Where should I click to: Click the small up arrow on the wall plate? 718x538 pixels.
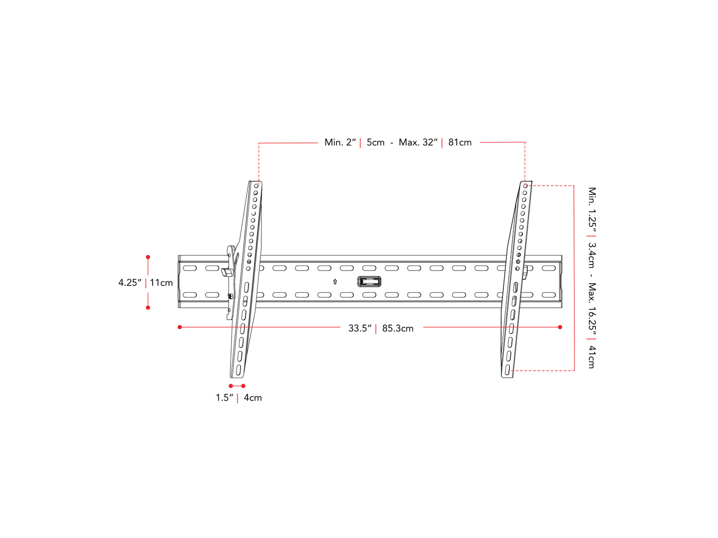335,281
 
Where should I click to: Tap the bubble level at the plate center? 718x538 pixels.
369,282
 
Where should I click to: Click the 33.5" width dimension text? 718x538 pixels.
360,328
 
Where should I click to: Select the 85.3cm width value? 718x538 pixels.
398,328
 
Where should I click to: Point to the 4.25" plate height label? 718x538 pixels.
130,282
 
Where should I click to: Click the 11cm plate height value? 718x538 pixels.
161,282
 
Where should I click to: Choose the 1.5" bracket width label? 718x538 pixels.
224,398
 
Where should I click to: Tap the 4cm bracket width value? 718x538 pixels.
252,398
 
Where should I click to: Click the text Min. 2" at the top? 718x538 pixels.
340,142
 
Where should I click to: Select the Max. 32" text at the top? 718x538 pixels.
418,142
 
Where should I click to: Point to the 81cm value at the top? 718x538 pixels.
460,142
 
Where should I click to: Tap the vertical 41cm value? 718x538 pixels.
592,357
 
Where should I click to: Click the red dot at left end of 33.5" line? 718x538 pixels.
180,327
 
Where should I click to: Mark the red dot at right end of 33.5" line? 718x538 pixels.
560,327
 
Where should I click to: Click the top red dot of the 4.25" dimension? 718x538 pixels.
148,257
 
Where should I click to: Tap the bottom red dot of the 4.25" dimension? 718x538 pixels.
148,308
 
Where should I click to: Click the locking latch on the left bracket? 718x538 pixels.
228,272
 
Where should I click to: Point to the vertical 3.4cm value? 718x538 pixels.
592,255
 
